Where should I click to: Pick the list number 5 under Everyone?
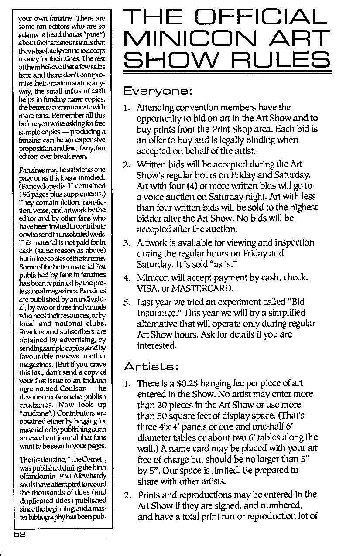(x=126, y=302)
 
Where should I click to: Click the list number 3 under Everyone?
(x=126, y=242)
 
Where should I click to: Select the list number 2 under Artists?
(x=126, y=495)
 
